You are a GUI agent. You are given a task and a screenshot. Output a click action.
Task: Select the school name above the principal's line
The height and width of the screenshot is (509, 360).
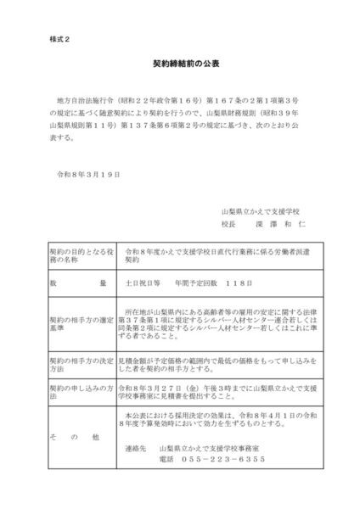point(265,210)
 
